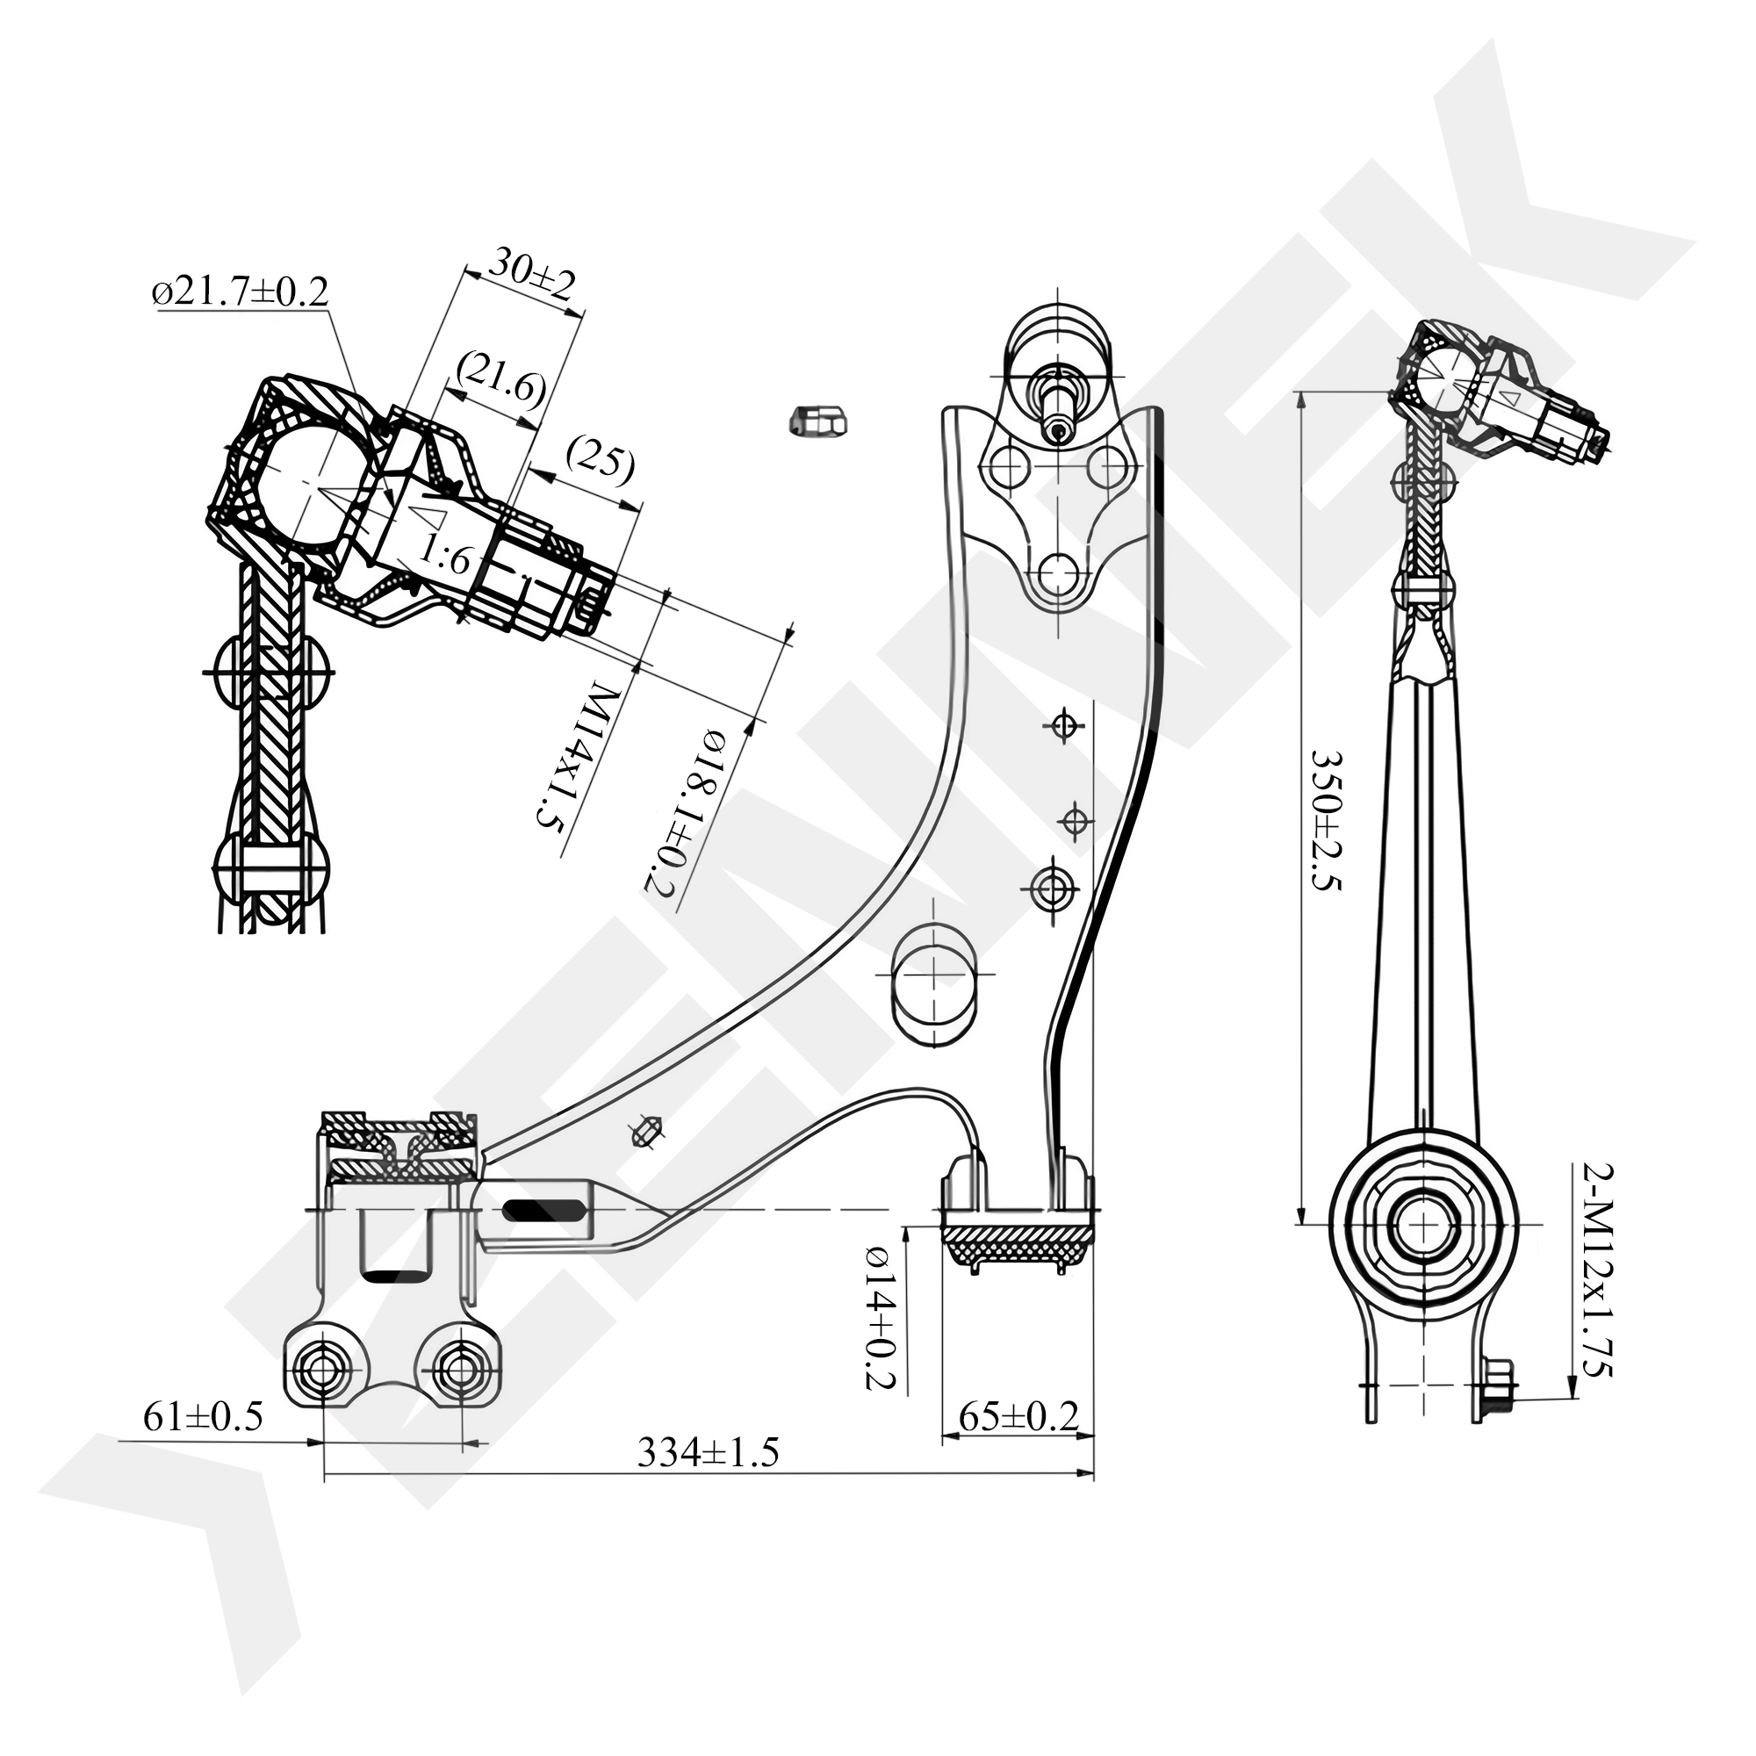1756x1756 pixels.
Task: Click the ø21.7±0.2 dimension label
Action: click(241, 292)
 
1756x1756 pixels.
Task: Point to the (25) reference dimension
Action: click(598, 461)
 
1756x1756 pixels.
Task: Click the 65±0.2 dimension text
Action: click(1018, 1416)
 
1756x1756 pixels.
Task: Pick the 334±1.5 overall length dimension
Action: click(708, 1452)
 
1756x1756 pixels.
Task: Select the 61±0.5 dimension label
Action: click(203, 1415)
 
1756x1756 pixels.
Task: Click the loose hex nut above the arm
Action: click(817, 420)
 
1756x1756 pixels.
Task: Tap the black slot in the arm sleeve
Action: click(545, 1211)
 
